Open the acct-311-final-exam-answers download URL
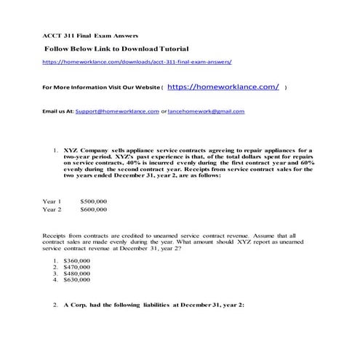coord(137,63)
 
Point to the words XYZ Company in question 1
coord(85,148)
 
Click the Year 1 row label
coord(52,201)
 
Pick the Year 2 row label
coord(52,209)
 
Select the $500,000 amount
coord(94,201)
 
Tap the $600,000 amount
coord(94,209)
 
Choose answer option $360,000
coord(77,260)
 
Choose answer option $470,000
coord(77,266)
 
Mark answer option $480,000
coord(77,273)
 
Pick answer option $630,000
coord(77,279)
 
